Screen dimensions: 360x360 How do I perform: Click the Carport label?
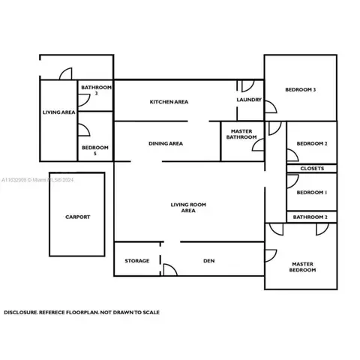(77, 217)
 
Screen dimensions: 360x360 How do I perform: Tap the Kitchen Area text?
(169, 102)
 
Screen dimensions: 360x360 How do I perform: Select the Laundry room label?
(249, 100)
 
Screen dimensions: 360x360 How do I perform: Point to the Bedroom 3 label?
(301, 89)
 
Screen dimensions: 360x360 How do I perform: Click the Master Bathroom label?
(241, 134)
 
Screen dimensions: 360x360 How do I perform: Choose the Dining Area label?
(166, 143)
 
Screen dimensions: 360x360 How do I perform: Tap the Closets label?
(312, 169)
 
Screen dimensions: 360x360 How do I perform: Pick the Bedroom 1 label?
(312, 193)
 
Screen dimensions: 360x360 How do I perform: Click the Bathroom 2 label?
(310, 217)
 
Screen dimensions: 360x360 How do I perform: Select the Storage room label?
(137, 261)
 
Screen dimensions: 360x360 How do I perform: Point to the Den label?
(208, 261)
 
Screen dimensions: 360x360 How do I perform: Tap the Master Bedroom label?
(302, 267)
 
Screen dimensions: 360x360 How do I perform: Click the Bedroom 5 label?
(95, 150)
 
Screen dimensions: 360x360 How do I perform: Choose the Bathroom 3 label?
(96, 90)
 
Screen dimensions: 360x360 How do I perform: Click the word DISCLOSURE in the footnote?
(21, 312)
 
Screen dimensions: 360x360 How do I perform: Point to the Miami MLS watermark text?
(37, 180)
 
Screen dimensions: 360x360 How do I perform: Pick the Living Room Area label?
(188, 208)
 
